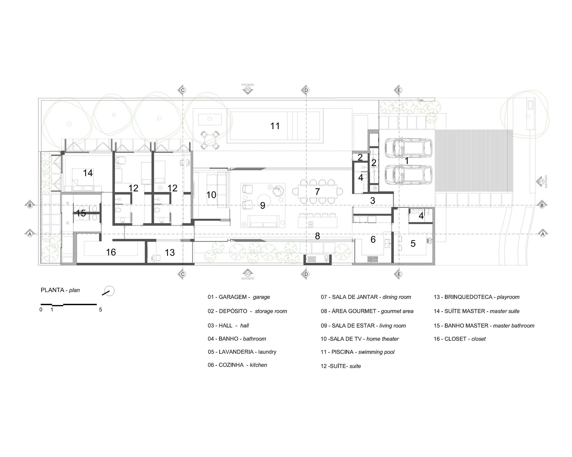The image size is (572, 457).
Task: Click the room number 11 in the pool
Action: (275, 126)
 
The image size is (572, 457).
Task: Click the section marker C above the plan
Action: (182, 90)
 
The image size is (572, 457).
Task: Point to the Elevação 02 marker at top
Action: (248, 89)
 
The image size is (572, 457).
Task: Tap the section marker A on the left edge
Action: (29, 234)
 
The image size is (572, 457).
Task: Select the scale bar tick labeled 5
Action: (100, 310)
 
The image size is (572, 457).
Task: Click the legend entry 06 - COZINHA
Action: (237, 365)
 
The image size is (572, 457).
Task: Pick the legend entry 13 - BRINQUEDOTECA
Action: (476, 297)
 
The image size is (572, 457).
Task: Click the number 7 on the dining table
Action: (317, 192)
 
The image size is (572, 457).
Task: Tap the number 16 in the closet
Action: (111, 252)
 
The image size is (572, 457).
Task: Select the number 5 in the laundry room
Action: (413, 243)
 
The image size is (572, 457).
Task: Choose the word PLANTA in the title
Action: (52, 290)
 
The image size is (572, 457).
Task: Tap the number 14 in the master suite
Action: (88, 173)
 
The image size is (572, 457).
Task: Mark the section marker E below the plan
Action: (399, 274)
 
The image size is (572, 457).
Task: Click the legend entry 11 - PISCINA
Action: (357, 352)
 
